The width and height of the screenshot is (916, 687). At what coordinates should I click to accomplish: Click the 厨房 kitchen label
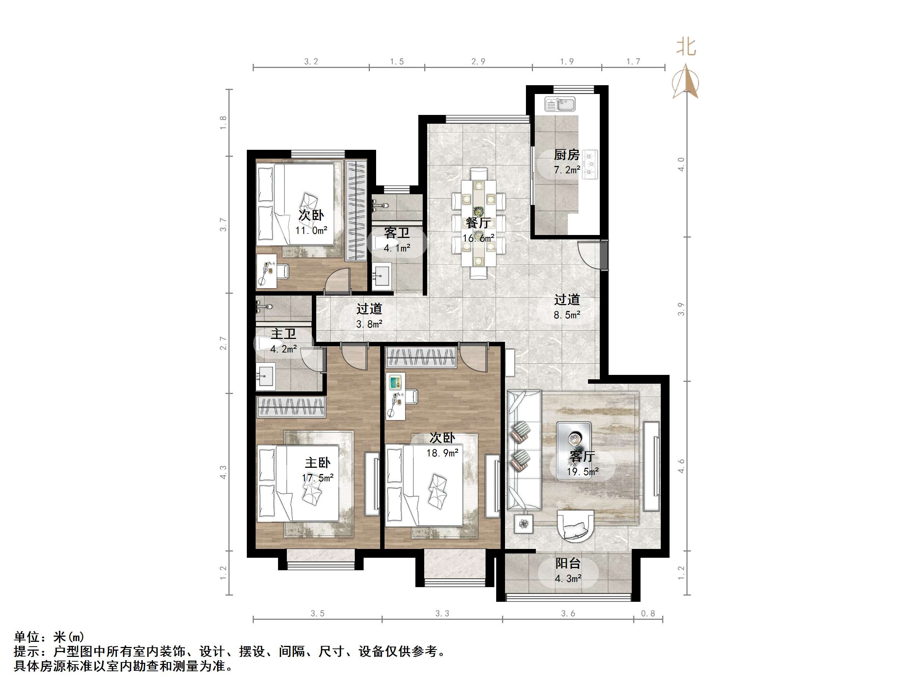point(566,155)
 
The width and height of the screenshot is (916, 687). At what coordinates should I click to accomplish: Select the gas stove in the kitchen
point(590,165)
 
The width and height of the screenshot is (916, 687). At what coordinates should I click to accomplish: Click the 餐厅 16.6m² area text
point(478,238)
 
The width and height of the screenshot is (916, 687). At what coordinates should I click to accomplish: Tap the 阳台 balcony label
point(568,563)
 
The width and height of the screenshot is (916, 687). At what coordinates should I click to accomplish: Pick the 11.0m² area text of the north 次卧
point(311,230)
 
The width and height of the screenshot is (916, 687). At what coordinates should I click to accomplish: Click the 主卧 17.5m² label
point(318,470)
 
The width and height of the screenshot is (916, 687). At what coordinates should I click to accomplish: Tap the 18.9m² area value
point(442,453)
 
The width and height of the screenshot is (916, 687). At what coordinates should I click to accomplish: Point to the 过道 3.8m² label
point(369,316)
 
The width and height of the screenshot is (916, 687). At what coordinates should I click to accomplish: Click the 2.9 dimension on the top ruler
point(478,62)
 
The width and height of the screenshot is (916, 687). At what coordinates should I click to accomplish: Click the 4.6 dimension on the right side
point(681,466)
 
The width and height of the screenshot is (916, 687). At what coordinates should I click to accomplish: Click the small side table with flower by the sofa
point(524,524)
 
